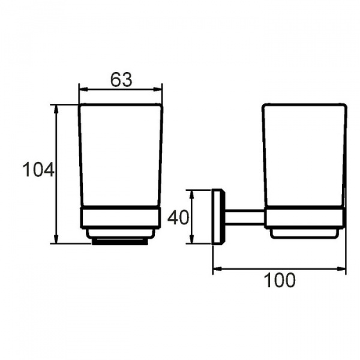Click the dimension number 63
pos(121,80)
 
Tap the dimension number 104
pos(38,170)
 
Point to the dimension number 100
pos(280,280)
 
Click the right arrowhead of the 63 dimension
pos(158,89)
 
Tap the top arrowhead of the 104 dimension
pos(56,109)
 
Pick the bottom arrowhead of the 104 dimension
pos(56,239)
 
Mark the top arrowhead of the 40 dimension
pos(192,194)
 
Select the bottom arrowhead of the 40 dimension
pos(192,239)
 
